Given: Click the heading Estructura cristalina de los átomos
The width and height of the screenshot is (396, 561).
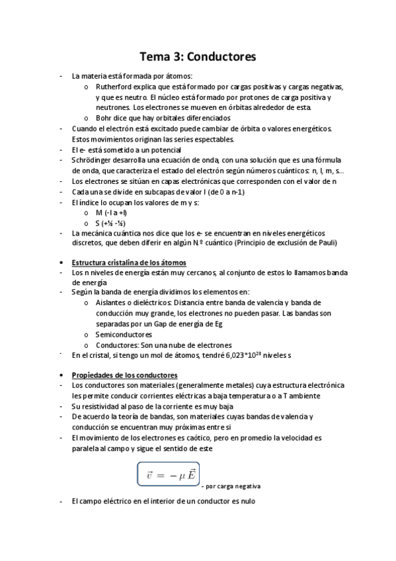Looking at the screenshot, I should coord(129,263).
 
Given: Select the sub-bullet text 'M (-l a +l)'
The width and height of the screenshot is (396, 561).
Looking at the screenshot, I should coord(111,212).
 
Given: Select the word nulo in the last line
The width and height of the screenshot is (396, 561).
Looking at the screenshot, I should coord(247,501).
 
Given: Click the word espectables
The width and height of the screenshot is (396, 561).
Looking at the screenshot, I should coord(214,139).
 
